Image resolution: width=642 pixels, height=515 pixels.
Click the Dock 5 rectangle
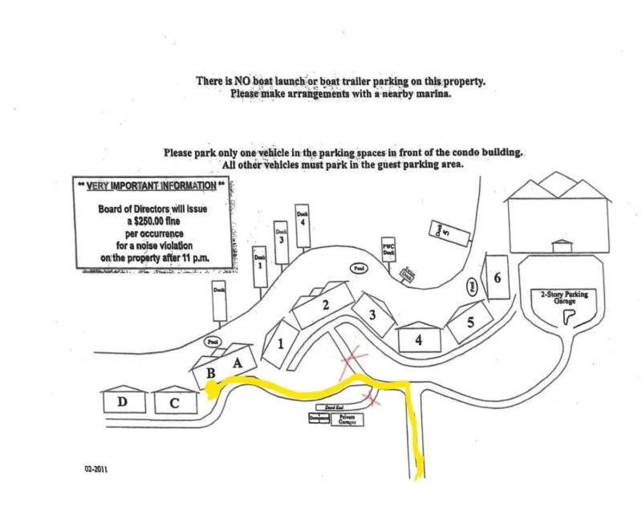[440, 231]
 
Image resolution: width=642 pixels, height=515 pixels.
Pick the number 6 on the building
[498, 278]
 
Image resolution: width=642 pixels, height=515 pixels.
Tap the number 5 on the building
[470, 322]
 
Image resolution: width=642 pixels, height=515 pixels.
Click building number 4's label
[418, 339]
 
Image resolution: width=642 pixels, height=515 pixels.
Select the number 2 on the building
[326, 305]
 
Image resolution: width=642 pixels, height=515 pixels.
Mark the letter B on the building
[211, 373]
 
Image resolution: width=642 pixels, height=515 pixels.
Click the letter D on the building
[122, 402]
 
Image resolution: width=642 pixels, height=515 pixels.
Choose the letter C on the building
[174, 403]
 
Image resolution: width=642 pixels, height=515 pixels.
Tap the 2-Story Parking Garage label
[565, 298]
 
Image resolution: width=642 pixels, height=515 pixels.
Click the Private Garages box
[347, 419]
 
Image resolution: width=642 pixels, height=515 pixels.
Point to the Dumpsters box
[319, 418]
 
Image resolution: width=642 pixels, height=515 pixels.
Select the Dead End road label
[335, 408]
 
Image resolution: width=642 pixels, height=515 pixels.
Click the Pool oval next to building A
[213, 341]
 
